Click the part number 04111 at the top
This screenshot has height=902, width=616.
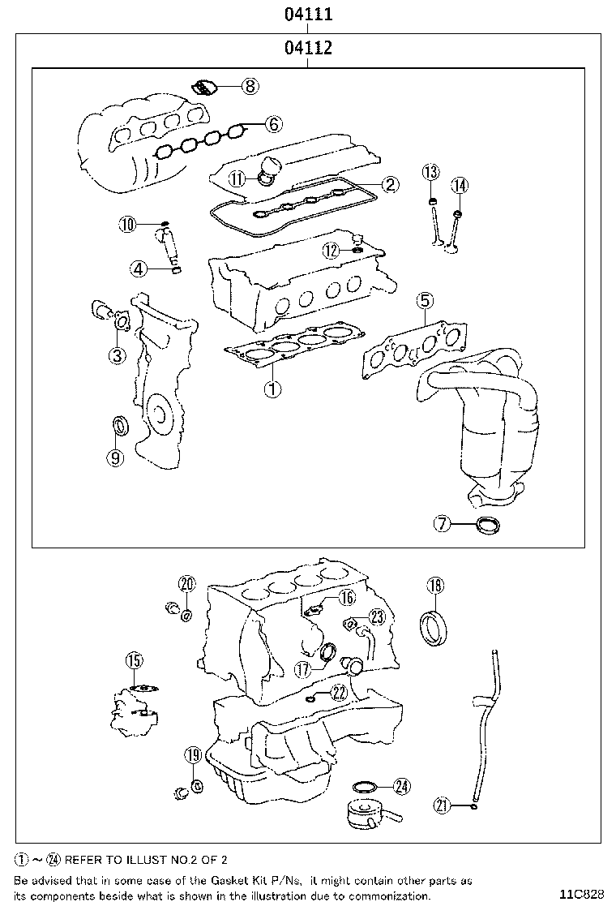[308, 14]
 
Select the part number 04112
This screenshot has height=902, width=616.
[308, 48]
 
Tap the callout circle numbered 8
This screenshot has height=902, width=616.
[250, 86]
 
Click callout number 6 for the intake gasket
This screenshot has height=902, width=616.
[273, 124]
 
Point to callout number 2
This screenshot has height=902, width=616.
[390, 184]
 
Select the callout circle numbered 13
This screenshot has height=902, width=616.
[430, 171]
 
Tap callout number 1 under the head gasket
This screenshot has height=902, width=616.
[272, 389]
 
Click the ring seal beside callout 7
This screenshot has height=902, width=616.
[488, 525]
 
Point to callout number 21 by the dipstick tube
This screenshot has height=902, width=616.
[442, 805]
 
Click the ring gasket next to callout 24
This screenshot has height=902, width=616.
[366, 786]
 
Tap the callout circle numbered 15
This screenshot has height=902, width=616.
[134, 660]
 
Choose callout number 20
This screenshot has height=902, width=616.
[187, 584]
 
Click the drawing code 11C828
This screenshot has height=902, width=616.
[580, 894]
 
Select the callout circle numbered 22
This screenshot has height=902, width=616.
[340, 691]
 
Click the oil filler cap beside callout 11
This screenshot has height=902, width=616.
[267, 171]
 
